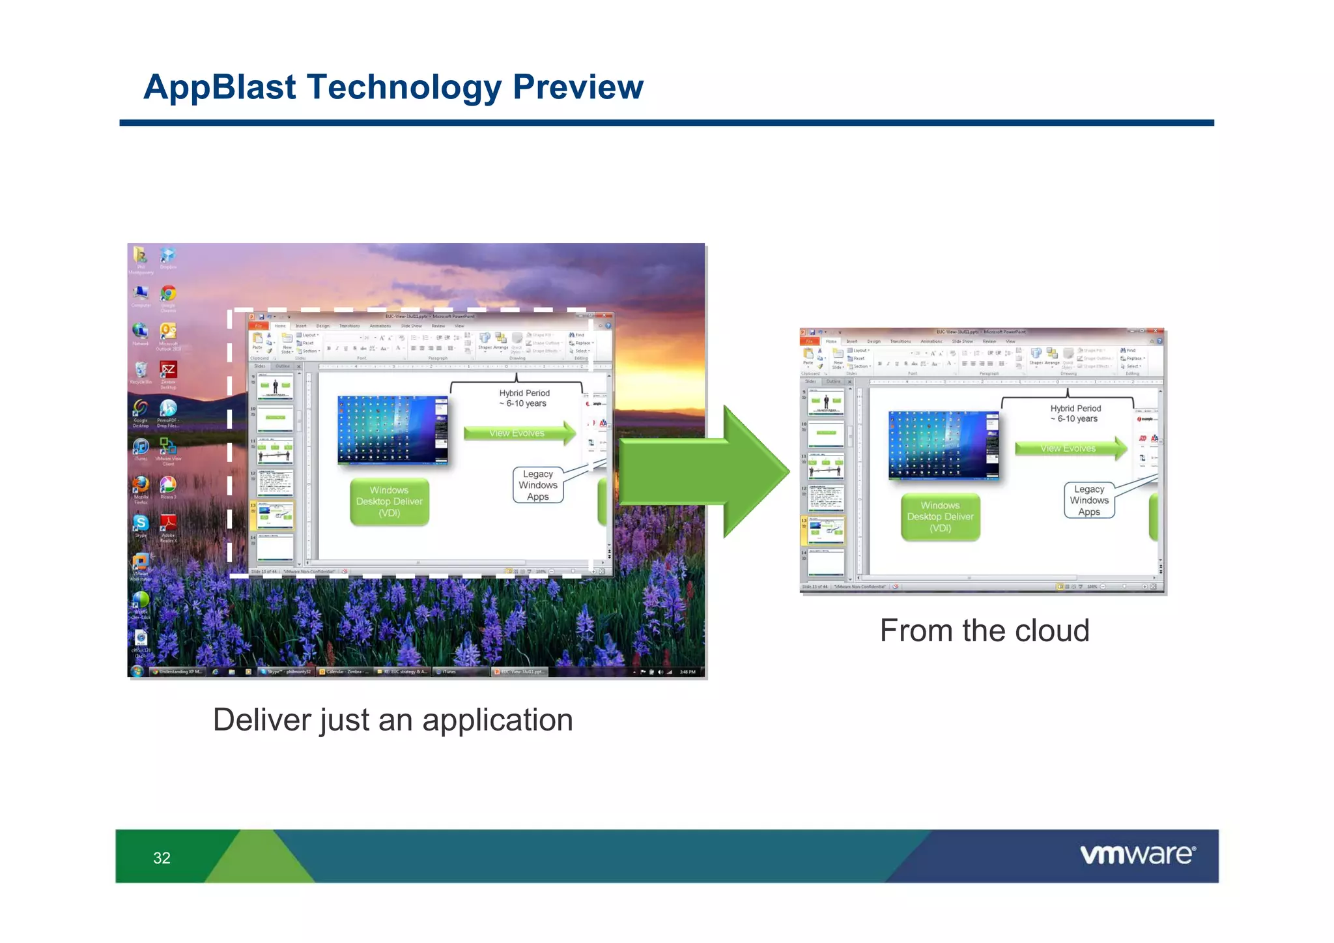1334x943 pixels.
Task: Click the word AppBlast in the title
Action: [x=220, y=87]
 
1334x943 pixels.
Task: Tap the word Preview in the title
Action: [x=578, y=87]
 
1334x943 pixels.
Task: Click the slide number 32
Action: [x=162, y=858]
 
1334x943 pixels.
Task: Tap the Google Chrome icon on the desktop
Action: [x=168, y=294]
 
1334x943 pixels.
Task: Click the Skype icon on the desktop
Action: [x=141, y=523]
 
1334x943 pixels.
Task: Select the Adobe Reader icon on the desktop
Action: [x=168, y=523]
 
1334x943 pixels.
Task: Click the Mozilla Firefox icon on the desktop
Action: [x=141, y=485]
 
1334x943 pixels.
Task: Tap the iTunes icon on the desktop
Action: [x=141, y=446]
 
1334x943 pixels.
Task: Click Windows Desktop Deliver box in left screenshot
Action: [x=390, y=502]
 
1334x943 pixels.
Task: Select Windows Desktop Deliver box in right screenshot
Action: [x=940, y=517]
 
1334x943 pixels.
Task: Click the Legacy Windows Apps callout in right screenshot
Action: [x=1089, y=501]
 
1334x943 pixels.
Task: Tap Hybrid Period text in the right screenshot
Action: [x=1075, y=409]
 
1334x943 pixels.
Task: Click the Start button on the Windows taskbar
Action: [x=137, y=671]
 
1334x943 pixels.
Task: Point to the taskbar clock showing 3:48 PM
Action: [x=687, y=672]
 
